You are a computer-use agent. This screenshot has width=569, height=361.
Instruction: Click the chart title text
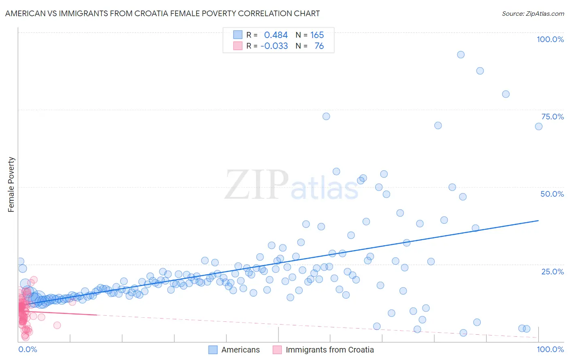tap(162, 13)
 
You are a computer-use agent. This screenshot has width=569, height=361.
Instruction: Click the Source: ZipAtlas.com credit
tap(533, 13)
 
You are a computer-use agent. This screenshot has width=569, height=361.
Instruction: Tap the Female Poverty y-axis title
tap(11, 185)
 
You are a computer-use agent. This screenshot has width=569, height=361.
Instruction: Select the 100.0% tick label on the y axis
tap(550, 39)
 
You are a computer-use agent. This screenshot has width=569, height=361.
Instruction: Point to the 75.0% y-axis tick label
tap(552, 117)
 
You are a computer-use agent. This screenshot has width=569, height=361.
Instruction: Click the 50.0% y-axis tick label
tap(552, 194)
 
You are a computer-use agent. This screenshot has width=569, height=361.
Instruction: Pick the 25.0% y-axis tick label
tap(552, 271)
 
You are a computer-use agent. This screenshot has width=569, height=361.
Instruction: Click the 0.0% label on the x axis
tap(28, 349)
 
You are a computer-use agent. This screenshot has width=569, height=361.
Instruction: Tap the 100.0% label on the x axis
tap(550, 349)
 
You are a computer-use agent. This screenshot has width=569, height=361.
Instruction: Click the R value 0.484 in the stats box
tap(276, 35)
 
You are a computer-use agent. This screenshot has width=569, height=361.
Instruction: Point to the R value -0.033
tap(274, 46)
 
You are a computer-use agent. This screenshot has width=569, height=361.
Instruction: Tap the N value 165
tap(317, 35)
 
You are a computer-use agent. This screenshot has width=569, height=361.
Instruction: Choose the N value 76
tap(319, 46)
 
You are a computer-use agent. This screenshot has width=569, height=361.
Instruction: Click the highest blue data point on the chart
tap(461, 55)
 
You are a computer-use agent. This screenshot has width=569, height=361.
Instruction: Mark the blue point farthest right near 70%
tap(539, 126)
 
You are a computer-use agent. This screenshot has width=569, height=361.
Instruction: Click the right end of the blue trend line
tap(538, 221)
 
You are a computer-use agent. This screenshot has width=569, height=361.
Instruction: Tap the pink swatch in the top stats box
tap(238, 46)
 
